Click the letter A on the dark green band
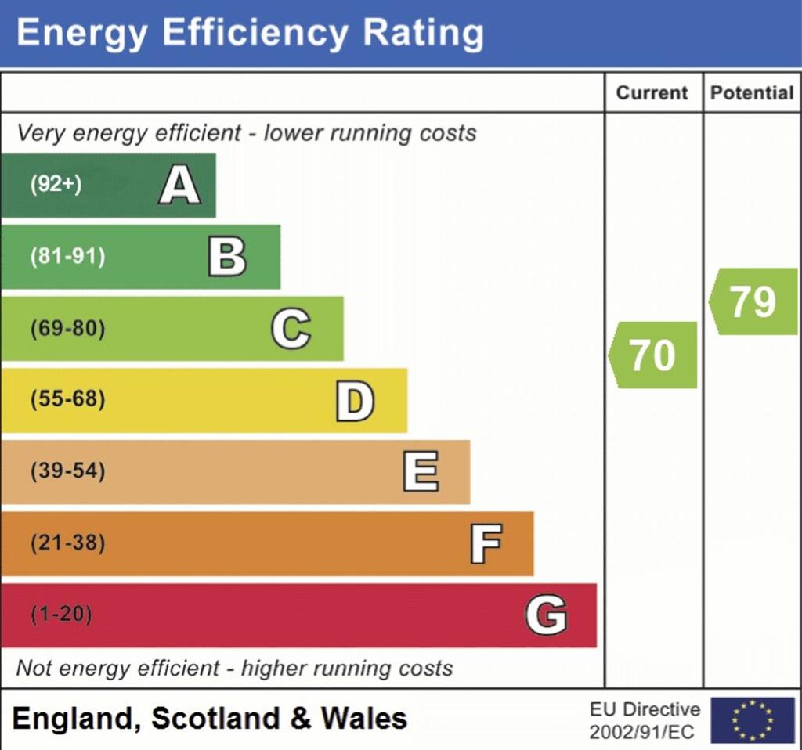point(179,186)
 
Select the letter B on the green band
point(227,257)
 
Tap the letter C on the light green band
point(291,329)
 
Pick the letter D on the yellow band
point(355,401)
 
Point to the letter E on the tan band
point(421,472)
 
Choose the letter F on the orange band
point(486,544)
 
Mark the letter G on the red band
point(546,615)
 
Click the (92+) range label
point(56,186)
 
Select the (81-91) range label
point(67,257)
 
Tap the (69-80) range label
point(67,329)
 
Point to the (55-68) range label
point(67,400)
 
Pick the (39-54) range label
point(67,472)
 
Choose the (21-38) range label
point(67,543)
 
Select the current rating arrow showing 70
point(653,355)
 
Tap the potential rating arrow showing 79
point(753,301)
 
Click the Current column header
point(652,92)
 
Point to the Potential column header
point(752,92)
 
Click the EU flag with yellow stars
point(753,720)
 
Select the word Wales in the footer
point(364,718)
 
